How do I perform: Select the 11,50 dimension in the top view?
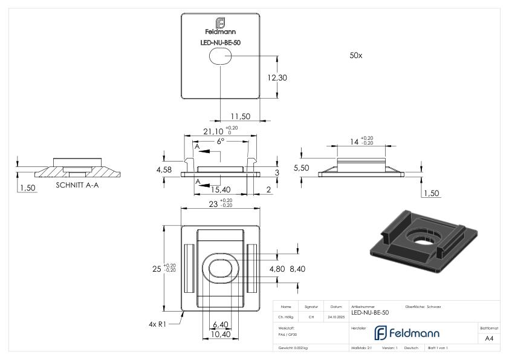[240, 116]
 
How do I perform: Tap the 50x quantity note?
[356, 55]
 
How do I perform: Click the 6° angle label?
[221, 141]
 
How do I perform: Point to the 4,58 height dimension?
[163, 170]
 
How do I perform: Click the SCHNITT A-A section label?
[77, 185]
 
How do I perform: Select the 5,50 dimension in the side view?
[301, 168]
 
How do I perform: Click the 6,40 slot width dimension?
[220, 324]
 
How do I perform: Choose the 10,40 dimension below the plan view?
[220, 333]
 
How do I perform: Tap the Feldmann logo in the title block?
[404, 333]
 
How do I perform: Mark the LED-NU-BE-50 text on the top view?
[221, 42]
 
